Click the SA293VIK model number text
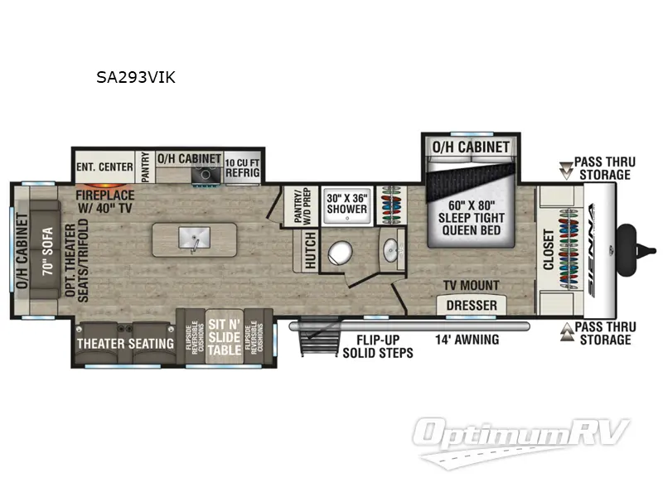click(136, 79)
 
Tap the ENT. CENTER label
click(104, 166)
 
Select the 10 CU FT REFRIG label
click(243, 166)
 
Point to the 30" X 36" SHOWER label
click(346, 204)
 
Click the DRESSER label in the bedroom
click(472, 306)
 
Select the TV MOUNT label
click(472, 286)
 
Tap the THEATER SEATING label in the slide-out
click(125, 343)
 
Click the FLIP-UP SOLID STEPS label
click(377, 345)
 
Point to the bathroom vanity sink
click(390, 247)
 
